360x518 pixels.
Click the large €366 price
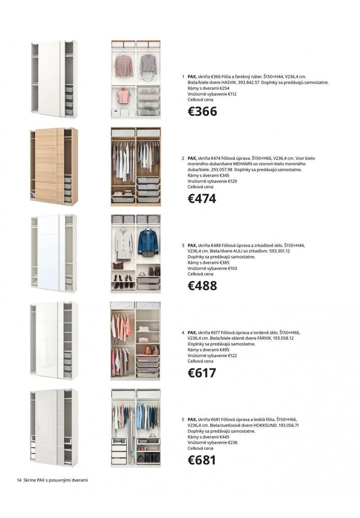[x=202, y=111]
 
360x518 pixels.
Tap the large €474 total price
[x=202, y=199]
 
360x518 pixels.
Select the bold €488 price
[x=202, y=286]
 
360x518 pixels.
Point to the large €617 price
[x=202, y=373]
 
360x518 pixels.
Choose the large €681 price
[x=202, y=460]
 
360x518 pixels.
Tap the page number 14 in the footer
[x=19, y=480]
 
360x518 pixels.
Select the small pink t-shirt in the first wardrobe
[x=122, y=95]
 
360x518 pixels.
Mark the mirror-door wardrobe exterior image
[x=50, y=253]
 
